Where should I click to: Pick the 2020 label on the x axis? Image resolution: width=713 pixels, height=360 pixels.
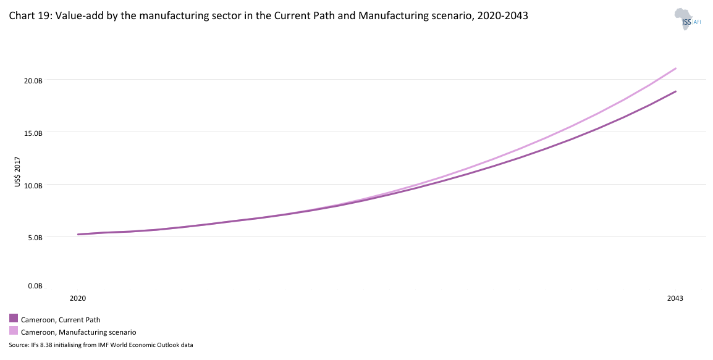[x=78, y=298]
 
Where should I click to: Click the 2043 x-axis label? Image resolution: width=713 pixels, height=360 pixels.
[x=675, y=298]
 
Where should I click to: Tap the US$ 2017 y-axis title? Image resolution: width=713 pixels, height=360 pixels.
[x=19, y=174]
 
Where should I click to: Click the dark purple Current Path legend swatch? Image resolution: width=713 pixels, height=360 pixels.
[x=14, y=319]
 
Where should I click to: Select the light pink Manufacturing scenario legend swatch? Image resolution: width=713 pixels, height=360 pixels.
[x=14, y=331]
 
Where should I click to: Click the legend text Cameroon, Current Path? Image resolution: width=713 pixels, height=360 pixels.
[x=61, y=320]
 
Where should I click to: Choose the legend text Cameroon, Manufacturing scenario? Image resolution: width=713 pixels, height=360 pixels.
[x=78, y=332]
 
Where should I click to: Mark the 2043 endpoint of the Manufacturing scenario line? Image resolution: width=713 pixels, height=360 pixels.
[x=676, y=69]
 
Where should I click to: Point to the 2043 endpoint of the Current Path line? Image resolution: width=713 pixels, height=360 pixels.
[x=676, y=91]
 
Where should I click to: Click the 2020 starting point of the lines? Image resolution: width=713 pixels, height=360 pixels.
[x=78, y=235]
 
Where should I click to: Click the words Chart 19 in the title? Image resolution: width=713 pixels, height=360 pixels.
[x=27, y=17]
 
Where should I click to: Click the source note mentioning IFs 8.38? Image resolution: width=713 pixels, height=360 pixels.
[x=101, y=345]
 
